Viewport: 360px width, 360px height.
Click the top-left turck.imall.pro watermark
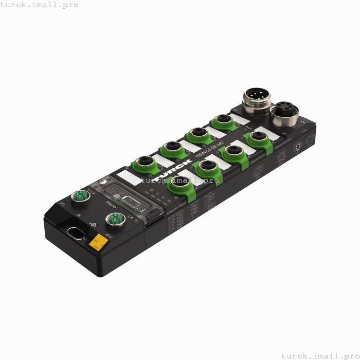pos(39,5)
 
